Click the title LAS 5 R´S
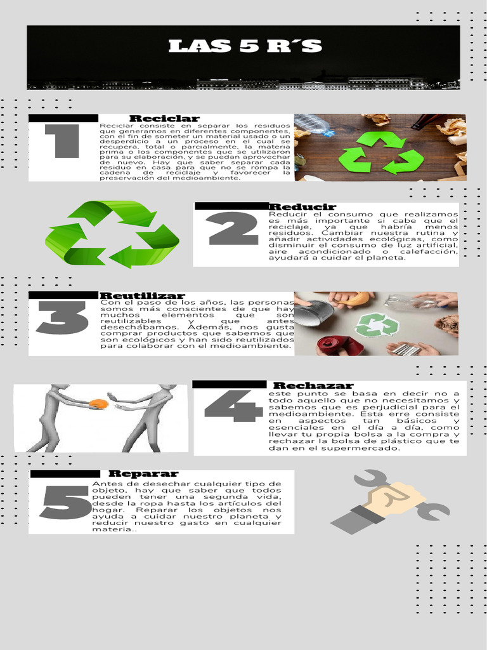(245, 46)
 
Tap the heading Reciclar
(164, 119)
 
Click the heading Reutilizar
(142, 296)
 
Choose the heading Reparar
(143, 474)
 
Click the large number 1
(62, 141)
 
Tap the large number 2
(233, 229)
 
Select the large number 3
(62, 317)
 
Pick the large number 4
(233, 406)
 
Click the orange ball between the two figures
(98, 404)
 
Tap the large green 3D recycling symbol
(112, 234)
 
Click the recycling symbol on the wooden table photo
(381, 153)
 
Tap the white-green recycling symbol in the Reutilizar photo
(377, 325)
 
